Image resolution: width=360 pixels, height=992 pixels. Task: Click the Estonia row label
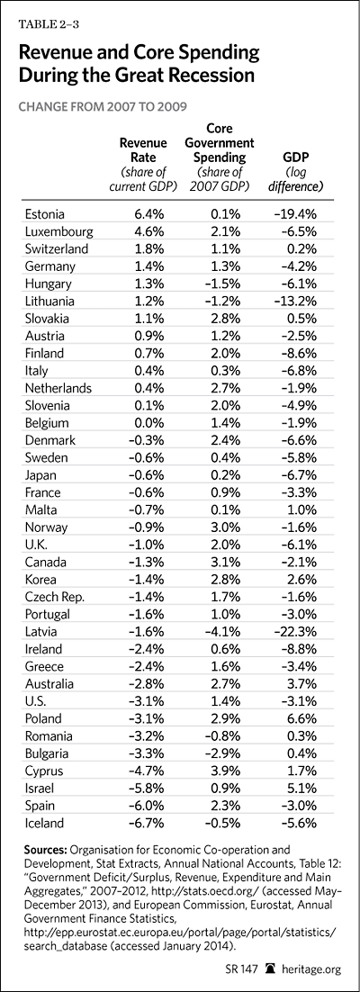point(44,214)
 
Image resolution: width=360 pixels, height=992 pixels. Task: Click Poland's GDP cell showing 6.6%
point(303,718)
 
